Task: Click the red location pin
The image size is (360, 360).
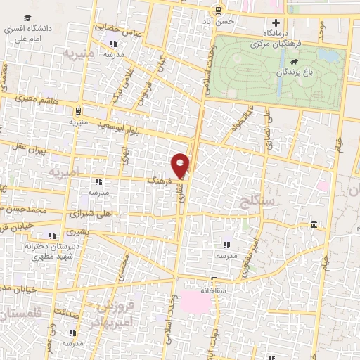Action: tap(181, 165)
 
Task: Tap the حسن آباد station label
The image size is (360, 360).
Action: tap(218, 21)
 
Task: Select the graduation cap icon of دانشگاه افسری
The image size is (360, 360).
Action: tap(27, 18)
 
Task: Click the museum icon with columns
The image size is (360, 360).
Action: tap(313, 224)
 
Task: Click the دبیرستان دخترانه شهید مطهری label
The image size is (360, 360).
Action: tap(51, 251)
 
